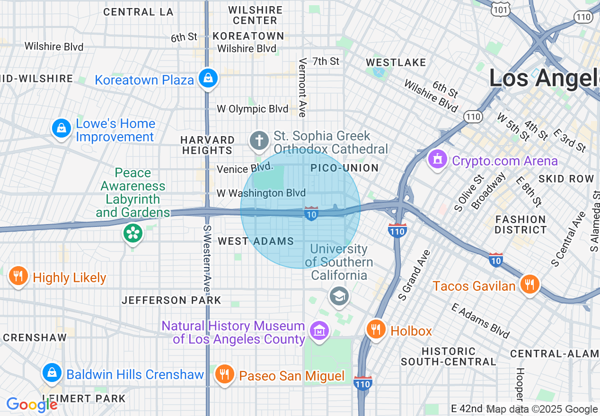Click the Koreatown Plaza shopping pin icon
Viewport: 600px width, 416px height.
[x=208, y=78]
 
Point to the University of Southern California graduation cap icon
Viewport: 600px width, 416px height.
[x=339, y=296]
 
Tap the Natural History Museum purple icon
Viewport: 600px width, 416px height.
[x=319, y=330]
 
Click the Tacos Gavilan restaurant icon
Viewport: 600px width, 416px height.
[x=529, y=284]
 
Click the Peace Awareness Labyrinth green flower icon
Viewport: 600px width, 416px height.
[x=133, y=233]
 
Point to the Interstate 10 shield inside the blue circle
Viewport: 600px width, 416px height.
[x=311, y=213]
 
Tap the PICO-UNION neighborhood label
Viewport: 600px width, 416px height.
[x=344, y=168]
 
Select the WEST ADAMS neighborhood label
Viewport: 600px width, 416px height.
[x=256, y=242]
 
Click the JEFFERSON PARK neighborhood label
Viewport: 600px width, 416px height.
[x=171, y=300]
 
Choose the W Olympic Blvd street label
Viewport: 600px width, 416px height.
[x=252, y=109]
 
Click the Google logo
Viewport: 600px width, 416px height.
[x=32, y=405]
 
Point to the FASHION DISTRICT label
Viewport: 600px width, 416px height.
[x=521, y=225]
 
